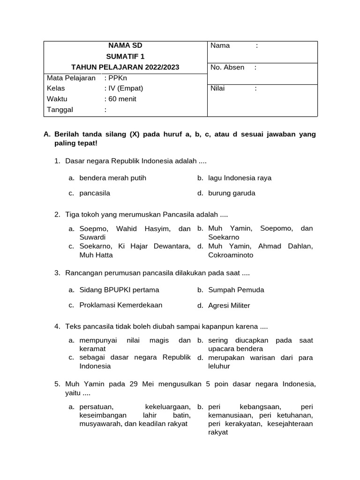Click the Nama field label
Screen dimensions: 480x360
(x=220, y=45)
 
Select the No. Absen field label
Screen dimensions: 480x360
(x=227, y=67)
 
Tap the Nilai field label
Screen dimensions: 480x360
(x=218, y=88)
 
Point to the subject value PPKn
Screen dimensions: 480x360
(x=114, y=78)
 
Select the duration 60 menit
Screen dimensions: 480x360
(x=121, y=99)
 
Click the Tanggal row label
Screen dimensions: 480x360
(x=60, y=110)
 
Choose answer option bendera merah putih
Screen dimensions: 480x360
(x=112, y=178)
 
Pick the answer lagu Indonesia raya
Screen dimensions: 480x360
(x=240, y=178)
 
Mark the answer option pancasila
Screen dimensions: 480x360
(x=95, y=193)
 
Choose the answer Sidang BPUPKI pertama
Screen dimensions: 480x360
(x=119, y=290)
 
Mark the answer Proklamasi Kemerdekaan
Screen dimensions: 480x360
(x=121, y=305)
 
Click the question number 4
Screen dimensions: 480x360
(x=57, y=326)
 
